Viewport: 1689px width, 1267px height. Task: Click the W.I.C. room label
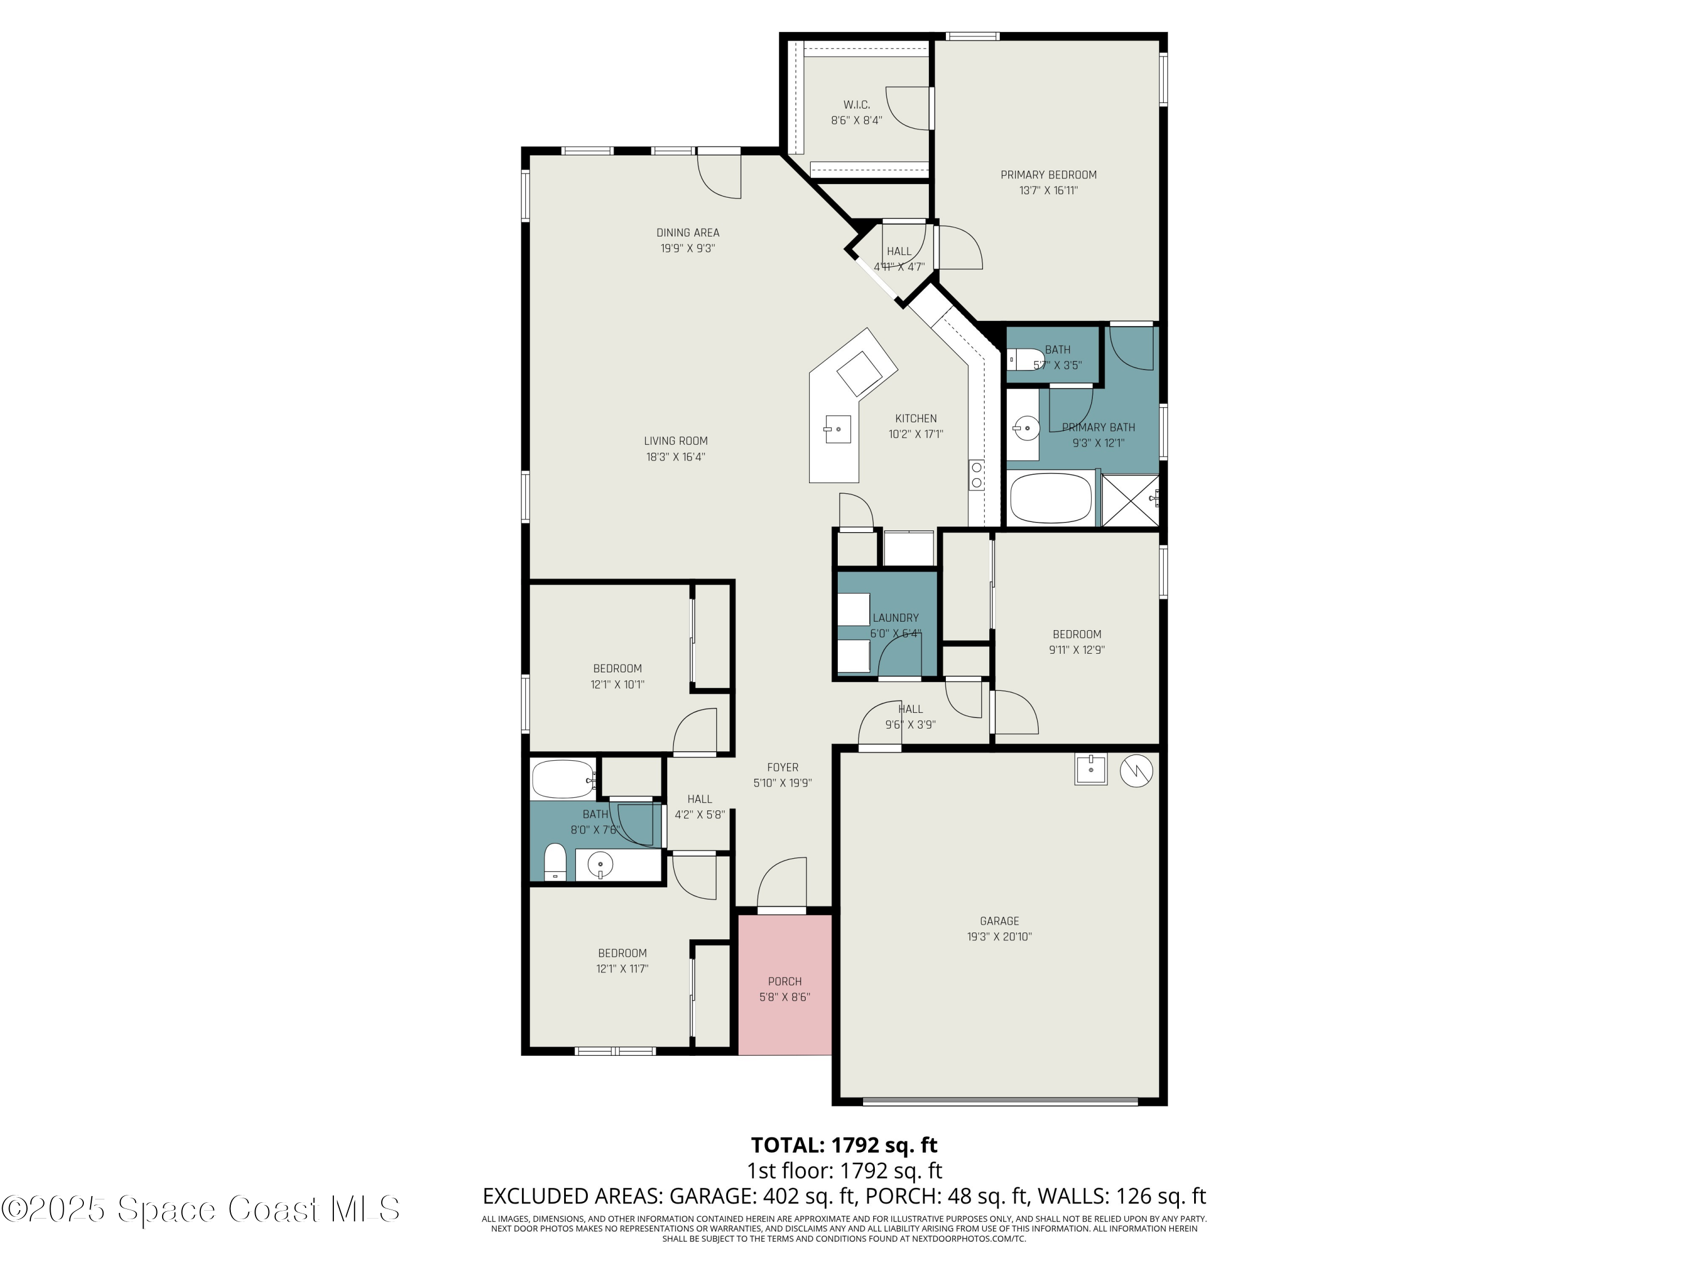click(856, 105)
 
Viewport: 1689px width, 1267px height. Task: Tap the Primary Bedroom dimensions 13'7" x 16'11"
click(1048, 190)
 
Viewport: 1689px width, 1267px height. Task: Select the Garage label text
click(999, 921)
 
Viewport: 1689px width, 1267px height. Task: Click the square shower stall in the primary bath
click(1130, 499)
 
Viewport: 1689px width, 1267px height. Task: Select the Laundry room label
click(896, 618)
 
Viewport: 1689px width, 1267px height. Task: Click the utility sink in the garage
click(1091, 770)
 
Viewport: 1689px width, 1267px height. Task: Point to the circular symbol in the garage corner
click(1136, 771)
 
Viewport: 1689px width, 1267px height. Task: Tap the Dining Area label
click(687, 233)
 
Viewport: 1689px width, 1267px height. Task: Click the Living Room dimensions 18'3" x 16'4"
click(675, 457)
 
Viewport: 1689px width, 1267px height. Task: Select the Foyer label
click(783, 768)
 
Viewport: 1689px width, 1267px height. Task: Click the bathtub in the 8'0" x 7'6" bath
click(563, 779)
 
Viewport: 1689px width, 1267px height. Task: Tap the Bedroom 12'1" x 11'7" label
click(622, 953)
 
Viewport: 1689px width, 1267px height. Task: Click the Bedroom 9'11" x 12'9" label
click(1076, 634)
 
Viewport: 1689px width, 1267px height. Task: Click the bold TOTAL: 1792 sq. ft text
click(844, 1145)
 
